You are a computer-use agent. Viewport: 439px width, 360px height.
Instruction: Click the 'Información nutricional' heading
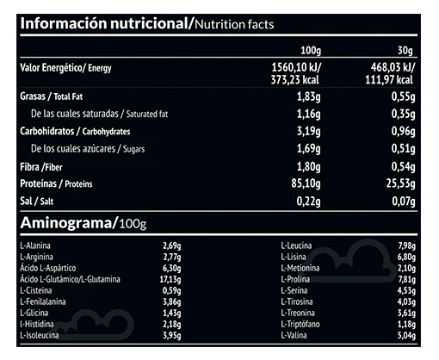(104, 23)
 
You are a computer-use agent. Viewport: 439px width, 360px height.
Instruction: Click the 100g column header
(311, 51)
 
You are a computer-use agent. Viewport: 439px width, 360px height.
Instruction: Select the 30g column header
(405, 51)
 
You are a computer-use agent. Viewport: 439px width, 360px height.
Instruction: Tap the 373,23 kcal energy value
(295, 80)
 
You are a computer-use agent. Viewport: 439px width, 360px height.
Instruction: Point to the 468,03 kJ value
(393, 68)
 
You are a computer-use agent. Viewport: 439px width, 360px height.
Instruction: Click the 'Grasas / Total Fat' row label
(52, 96)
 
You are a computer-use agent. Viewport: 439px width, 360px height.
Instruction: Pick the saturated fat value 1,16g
(308, 114)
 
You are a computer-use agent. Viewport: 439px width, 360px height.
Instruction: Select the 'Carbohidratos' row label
(47, 131)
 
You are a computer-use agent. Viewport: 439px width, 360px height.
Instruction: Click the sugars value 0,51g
(403, 149)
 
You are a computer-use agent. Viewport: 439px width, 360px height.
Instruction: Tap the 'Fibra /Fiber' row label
(41, 167)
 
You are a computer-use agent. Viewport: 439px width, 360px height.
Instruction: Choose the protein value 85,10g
(306, 183)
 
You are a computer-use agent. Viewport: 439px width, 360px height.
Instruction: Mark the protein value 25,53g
(400, 183)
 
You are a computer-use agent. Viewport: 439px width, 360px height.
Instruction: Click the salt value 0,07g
(404, 202)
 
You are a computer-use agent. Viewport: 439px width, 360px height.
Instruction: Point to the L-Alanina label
(35, 245)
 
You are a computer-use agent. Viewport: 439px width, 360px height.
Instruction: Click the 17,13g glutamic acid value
(170, 279)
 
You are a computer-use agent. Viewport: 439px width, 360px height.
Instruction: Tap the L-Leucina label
(296, 245)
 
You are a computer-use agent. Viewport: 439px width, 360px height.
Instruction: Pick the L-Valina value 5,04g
(406, 335)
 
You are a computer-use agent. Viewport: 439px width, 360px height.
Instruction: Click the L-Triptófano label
(300, 324)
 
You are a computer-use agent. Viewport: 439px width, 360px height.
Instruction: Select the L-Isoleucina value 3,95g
(172, 335)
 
